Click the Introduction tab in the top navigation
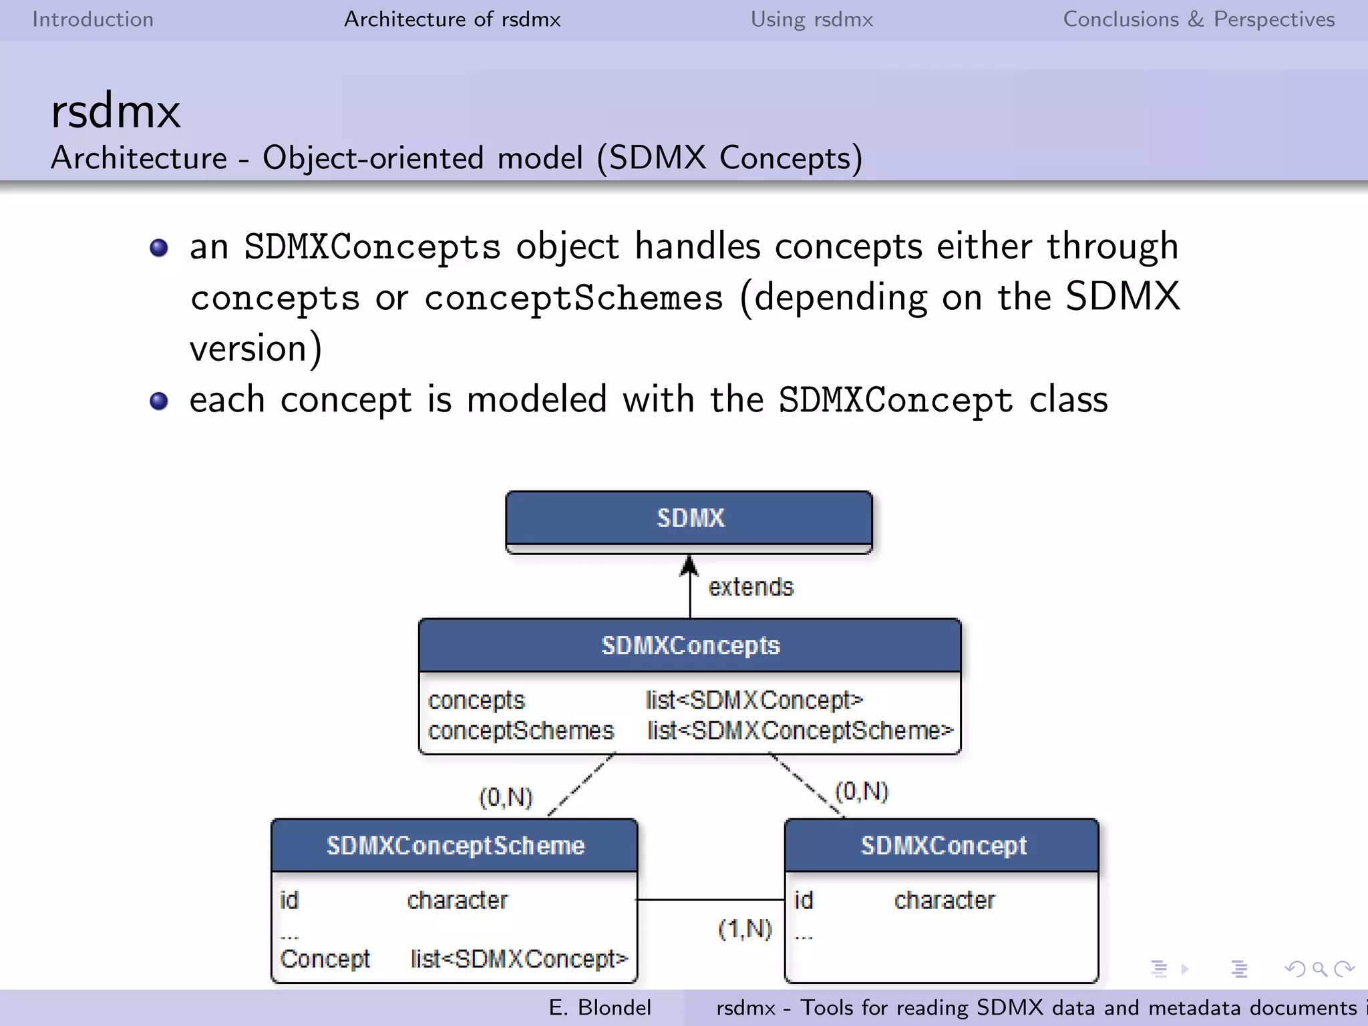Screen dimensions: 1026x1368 coord(93,19)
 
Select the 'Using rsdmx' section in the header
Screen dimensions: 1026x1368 coord(812,19)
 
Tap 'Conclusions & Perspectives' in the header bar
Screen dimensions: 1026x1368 coord(1198,19)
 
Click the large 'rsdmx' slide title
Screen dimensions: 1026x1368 coord(116,112)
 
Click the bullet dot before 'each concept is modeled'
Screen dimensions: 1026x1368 coord(159,401)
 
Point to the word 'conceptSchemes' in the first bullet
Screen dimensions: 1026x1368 coord(573,298)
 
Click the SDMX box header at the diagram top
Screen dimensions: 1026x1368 coord(689,518)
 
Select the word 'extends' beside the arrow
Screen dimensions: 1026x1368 coord(751,587)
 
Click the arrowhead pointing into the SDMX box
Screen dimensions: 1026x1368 coord(689,565)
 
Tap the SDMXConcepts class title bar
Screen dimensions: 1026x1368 coord(689,645)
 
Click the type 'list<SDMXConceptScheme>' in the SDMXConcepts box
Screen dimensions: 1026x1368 coord(800,731)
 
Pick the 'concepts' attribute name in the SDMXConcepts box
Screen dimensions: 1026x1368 coord(476,700)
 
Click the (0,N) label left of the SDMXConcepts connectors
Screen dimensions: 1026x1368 coord(506,798)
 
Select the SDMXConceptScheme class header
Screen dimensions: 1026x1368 coord(455,846)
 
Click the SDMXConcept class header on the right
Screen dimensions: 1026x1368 coord(943,846)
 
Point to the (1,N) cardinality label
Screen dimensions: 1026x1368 coord(745,929)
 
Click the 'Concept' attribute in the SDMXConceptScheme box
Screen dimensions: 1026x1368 coord(325,959)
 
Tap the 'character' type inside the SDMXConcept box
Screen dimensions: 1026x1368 coord(944,900)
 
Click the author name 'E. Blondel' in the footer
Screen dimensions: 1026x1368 coord(599,1007)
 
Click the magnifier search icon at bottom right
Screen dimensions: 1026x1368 coord(1319,969)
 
